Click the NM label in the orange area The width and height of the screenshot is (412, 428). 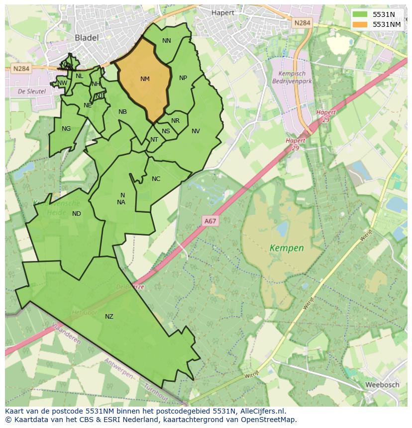pos(145,79)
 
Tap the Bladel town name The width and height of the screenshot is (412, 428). pos(87,37)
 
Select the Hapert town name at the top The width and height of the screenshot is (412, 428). pos(223,13)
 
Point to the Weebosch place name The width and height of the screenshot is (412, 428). pos(382,385)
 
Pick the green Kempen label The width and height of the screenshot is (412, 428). pos(286,247)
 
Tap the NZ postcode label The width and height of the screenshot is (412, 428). pos(109,317)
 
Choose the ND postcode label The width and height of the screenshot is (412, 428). pos(77,214)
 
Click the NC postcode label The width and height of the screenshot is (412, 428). pos(156,179)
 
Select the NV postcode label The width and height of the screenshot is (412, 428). pos(196,131)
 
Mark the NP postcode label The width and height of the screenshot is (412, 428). pos(183,78)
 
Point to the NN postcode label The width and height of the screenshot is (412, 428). pos(167,41)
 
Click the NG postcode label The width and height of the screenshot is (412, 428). pos(66,129)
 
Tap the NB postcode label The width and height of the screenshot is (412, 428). pos(122,112)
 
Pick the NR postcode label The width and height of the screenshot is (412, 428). pos(175,121)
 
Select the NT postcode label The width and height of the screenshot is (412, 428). pos(154,140)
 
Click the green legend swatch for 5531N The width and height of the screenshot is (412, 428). pos(360,14)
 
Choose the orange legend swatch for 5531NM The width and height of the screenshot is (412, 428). pos(360,24)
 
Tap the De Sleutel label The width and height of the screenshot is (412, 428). pos(31,91)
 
